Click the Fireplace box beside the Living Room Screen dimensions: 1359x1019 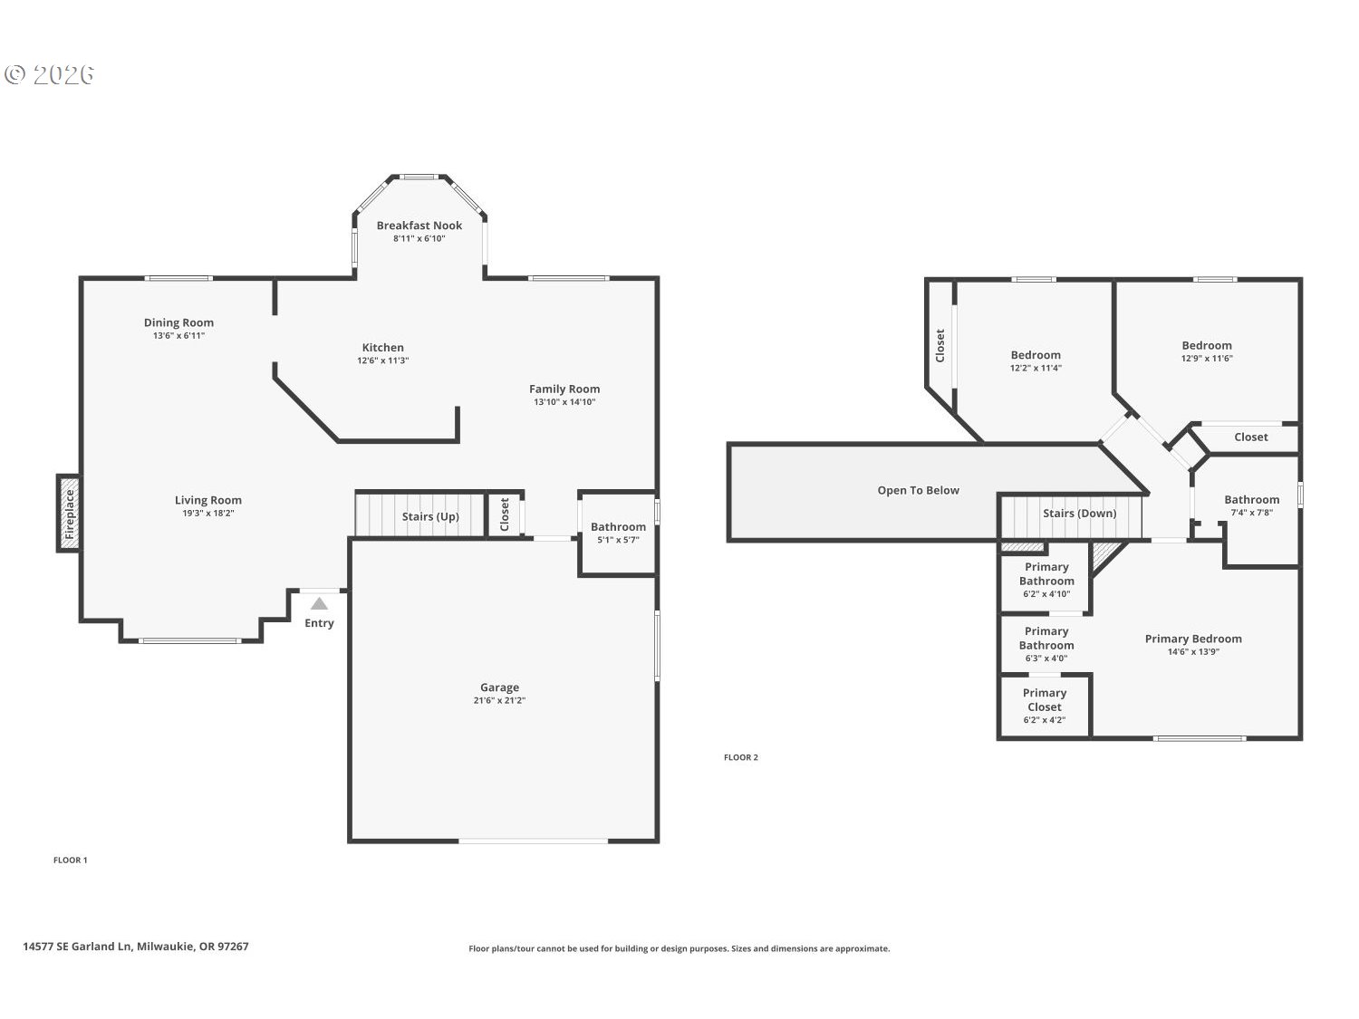tap(69, 513)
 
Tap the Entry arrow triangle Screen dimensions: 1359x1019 tap(319, 603)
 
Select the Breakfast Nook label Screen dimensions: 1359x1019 tap(419, 226)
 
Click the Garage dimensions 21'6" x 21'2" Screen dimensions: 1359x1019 tap(499, 700)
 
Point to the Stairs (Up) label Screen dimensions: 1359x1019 tap(430, 516)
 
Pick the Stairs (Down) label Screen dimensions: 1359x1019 tap(1079, 514)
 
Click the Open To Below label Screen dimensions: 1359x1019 tap(918, 490)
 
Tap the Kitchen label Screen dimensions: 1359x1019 tap(382, 348)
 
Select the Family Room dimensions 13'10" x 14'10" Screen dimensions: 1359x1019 tap(564, 402)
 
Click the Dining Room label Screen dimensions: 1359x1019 tap(178, 322)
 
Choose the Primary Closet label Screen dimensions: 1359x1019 tap(1045, 700)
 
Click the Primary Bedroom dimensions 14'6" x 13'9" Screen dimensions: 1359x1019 tap(1193, 651)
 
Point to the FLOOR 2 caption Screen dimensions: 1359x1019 tap(740, 757)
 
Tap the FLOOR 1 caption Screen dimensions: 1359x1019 tap(70, 860)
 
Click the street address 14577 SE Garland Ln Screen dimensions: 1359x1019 tap(77, 947)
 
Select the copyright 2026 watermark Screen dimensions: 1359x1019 tap(49, 75)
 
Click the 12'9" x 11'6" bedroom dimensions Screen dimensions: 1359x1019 tap(1207, 358)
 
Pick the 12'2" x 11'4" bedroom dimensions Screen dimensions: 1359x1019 tap(1036, 368)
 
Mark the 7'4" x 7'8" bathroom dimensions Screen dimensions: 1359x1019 tap(1251, 513)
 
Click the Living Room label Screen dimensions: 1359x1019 tap(208, 500)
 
